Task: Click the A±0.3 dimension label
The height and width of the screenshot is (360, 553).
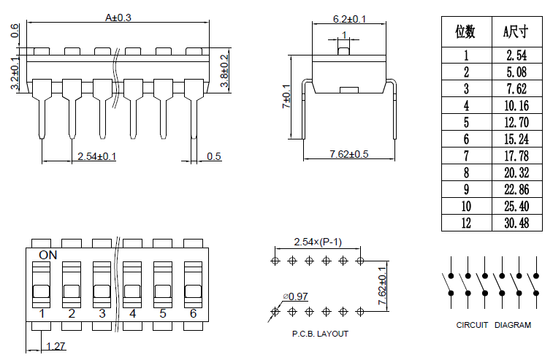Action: pos(118,18)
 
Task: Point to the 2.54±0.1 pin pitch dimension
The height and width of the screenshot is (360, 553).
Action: pos(97,156)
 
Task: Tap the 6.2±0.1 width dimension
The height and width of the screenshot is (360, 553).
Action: pos(349,19)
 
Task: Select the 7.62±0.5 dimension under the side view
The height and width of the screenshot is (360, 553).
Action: pos(348,154)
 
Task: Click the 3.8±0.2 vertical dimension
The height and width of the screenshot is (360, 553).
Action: pos(224,71)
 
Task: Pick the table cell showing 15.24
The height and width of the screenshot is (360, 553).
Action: pos(516,139)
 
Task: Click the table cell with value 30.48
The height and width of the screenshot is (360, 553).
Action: pos(516,223)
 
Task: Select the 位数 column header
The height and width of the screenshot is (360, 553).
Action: pos(465,31)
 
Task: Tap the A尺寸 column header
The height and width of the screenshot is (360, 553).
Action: pos(516,31)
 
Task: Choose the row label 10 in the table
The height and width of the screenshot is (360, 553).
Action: pos(466,206)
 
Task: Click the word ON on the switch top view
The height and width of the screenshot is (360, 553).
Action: pos(48,255)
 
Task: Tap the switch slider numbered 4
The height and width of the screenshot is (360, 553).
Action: pos(132,285)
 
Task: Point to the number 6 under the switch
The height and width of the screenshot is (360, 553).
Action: pos(194,313)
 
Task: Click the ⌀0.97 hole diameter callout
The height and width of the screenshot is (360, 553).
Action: pos(296,296)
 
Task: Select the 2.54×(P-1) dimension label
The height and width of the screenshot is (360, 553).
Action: pos(318,242)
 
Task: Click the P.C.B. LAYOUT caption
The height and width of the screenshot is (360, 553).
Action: pos(320,334)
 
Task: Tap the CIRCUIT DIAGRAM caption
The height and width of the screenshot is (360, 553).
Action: pos(493,325)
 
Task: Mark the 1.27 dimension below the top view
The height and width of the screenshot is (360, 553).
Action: pos(56,346)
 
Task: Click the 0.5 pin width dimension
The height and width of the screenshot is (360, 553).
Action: pos(214,156)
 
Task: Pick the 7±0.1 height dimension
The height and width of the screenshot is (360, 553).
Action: pos(286,96)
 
